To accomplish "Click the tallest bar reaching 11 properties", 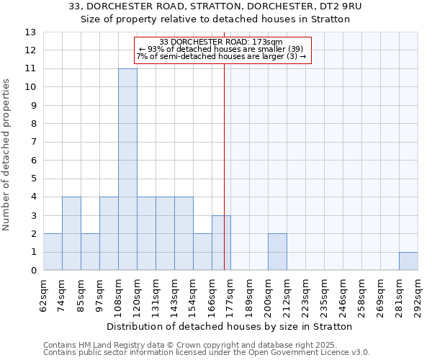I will pyautogui.click(x=127, y=169).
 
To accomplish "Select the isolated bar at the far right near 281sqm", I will pyautogui.click(x=408, y=261).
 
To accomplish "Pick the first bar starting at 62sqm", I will pyautogui.click(x=53, y=252).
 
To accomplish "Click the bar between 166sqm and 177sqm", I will pyautogui.click(x=221, y=243).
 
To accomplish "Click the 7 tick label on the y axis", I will pyautogui.click(x=32, y=142).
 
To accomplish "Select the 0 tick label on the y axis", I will pyautogui.click(x=32, y=271).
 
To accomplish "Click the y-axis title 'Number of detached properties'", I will pyautogui.click(x=7, y=155).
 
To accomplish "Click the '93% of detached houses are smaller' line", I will pyautogui.click(x=221, y=49).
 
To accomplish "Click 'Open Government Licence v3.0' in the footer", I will pyautogui.click(x=310, y=353).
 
